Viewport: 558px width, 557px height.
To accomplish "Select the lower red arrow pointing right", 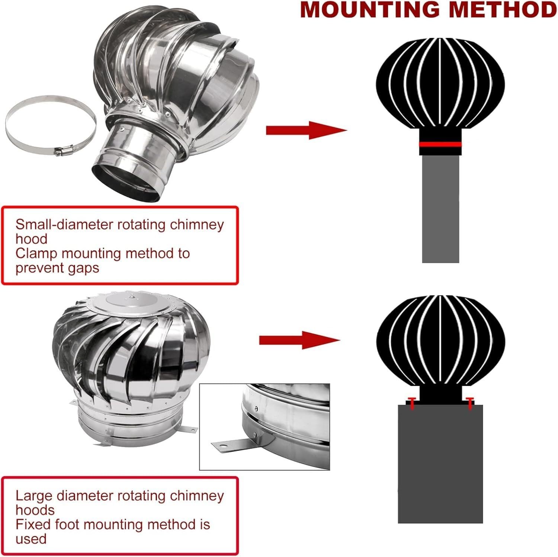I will click(x=299, y=339).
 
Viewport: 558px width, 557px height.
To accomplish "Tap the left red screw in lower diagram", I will click(x=412, y=403).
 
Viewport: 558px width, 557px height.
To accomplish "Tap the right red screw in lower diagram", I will click(x=469, y=403).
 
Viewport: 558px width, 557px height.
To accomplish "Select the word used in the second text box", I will click(x=31, y=539).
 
